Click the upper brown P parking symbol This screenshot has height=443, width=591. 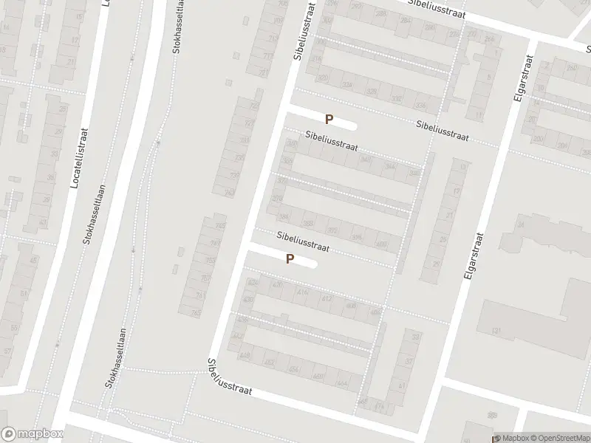click(329, 118)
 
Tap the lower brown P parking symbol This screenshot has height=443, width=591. click(290, 259)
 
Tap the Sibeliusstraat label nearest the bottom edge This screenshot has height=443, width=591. click(230, 377)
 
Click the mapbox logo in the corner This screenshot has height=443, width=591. click(32, 434)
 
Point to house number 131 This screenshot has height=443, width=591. click(497, 330)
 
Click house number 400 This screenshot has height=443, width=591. click(381, 244)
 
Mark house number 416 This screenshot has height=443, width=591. click(303, 293)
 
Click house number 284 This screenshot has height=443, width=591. click(403, 21)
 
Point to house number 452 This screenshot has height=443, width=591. click(269, 362)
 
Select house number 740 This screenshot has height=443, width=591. click(229, 193)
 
